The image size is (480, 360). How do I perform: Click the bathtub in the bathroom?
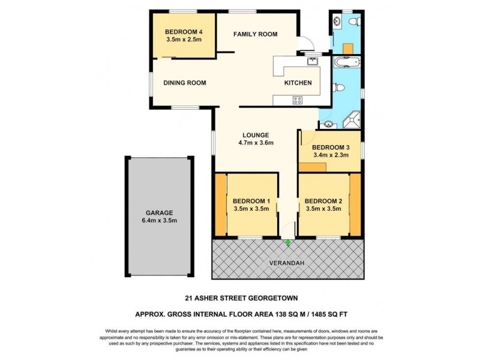(346, 62)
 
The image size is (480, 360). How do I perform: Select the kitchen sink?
(312, 61)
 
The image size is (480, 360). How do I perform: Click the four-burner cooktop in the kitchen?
(297, 100)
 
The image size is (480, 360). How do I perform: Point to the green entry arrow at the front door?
(288, 243)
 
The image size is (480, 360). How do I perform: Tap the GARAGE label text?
(158, 212)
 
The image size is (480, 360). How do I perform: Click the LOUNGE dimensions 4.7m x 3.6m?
(256, 143)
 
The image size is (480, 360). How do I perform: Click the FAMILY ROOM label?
(255, 34)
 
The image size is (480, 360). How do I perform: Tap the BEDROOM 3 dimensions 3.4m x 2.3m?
(331, 155)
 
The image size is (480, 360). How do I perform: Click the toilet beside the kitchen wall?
(340, 88)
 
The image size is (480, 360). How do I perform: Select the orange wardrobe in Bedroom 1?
(220, 205)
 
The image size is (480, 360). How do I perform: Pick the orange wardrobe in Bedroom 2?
(355, 205)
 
